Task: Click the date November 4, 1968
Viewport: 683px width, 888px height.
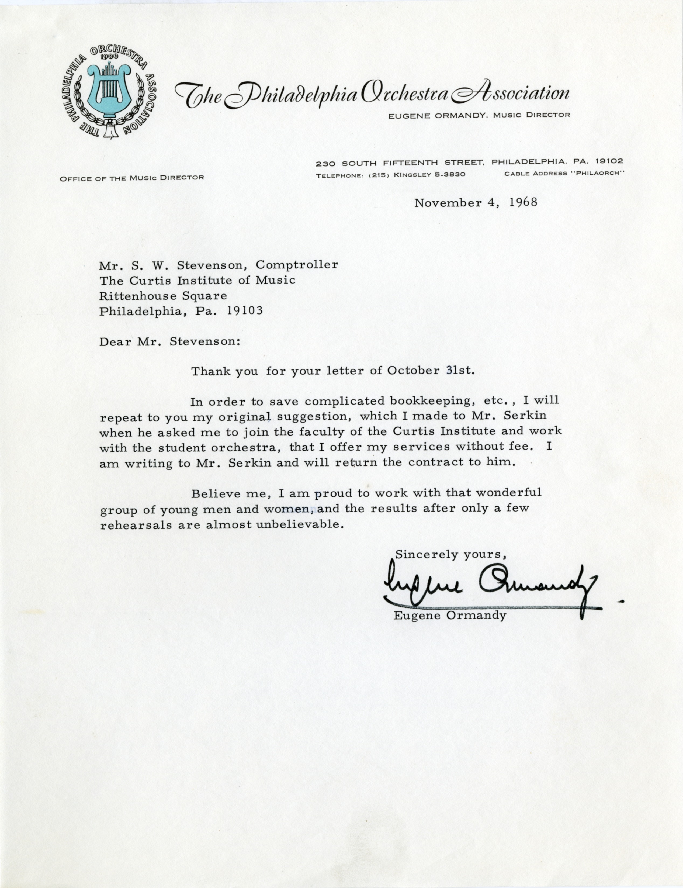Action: click(476, 202)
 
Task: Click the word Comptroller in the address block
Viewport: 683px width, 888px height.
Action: click(297, 265)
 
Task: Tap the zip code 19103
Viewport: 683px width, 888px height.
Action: click(245, 311)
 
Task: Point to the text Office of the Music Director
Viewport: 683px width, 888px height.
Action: click(132, 178)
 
